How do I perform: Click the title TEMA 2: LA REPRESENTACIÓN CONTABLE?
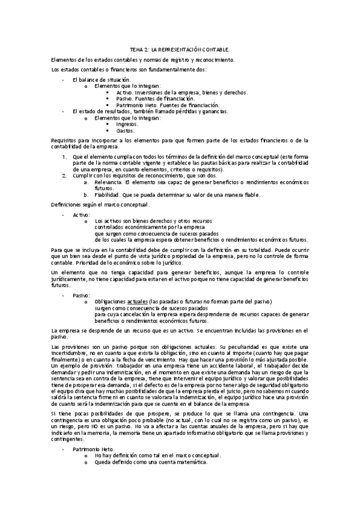(x=180, y=51)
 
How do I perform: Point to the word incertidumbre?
(x=72, y=354)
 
